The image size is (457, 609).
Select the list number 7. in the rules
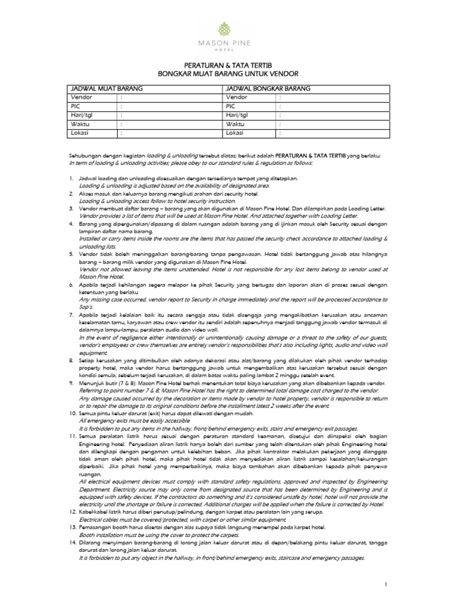[x=71, y=312]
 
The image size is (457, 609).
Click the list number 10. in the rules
[x=73, y=413]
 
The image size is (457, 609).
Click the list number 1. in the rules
[x=71, y=178]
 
